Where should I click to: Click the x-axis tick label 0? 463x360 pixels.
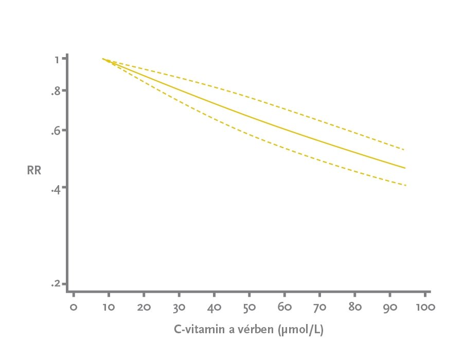tap(74, 308)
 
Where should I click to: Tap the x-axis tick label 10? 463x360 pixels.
tap(109, 308)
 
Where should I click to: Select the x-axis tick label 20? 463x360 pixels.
tap(144, 308)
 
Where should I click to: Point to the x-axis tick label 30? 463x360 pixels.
tap(179, 308)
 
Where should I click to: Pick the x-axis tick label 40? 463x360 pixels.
tap(214, 308)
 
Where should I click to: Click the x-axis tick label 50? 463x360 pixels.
tap(249, 308)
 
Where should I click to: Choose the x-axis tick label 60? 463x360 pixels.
tap(284, 308)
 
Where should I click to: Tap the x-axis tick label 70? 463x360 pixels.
tap(319, 308)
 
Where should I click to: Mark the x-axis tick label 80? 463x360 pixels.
tap(354, 308)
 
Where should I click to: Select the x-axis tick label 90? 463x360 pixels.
tap(389, 308)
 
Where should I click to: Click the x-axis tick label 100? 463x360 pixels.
tap(425, 308)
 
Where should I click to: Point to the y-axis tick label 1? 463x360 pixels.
tap(57, 59)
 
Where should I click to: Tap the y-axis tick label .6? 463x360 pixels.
tap(56, 131)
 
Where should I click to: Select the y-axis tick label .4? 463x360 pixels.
tap(56, 189)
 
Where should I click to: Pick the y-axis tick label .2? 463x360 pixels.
tap(56, 284)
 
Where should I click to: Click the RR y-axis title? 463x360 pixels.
tap(34, 170)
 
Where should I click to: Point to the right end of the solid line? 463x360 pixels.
tap(405, 168)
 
